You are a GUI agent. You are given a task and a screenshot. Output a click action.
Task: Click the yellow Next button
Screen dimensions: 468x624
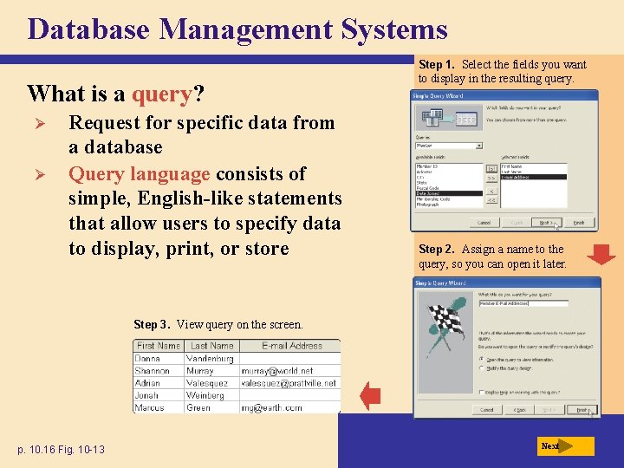tap(565, 446)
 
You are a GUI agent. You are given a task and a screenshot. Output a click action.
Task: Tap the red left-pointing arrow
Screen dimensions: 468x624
tap(370, 396)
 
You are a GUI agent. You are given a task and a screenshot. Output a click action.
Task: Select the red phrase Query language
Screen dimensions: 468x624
tap(140, 173)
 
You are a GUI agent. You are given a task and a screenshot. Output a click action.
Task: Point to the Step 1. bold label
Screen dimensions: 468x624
tap(438, 64)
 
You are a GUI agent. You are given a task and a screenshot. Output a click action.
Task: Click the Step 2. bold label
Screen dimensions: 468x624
tap(438, 250)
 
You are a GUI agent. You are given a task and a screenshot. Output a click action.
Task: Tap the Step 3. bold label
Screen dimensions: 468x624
tap(153, 325)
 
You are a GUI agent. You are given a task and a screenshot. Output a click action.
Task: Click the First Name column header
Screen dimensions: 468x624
tap(158, 346)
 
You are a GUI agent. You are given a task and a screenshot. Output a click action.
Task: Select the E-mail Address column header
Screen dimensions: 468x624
tap(292, 346)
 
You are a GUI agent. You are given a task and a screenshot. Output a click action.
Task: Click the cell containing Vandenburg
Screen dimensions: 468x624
tap(211, 358)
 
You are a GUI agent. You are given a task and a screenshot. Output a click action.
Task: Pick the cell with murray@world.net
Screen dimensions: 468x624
tap(276, 370)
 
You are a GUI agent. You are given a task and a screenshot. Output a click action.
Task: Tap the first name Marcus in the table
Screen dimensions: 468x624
tap(149, 407)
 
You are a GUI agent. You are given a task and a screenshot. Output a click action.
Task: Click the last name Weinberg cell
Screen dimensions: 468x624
tap(205, 395)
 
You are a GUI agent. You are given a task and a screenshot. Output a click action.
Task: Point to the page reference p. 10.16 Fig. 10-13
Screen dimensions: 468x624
tap(62, 449)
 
